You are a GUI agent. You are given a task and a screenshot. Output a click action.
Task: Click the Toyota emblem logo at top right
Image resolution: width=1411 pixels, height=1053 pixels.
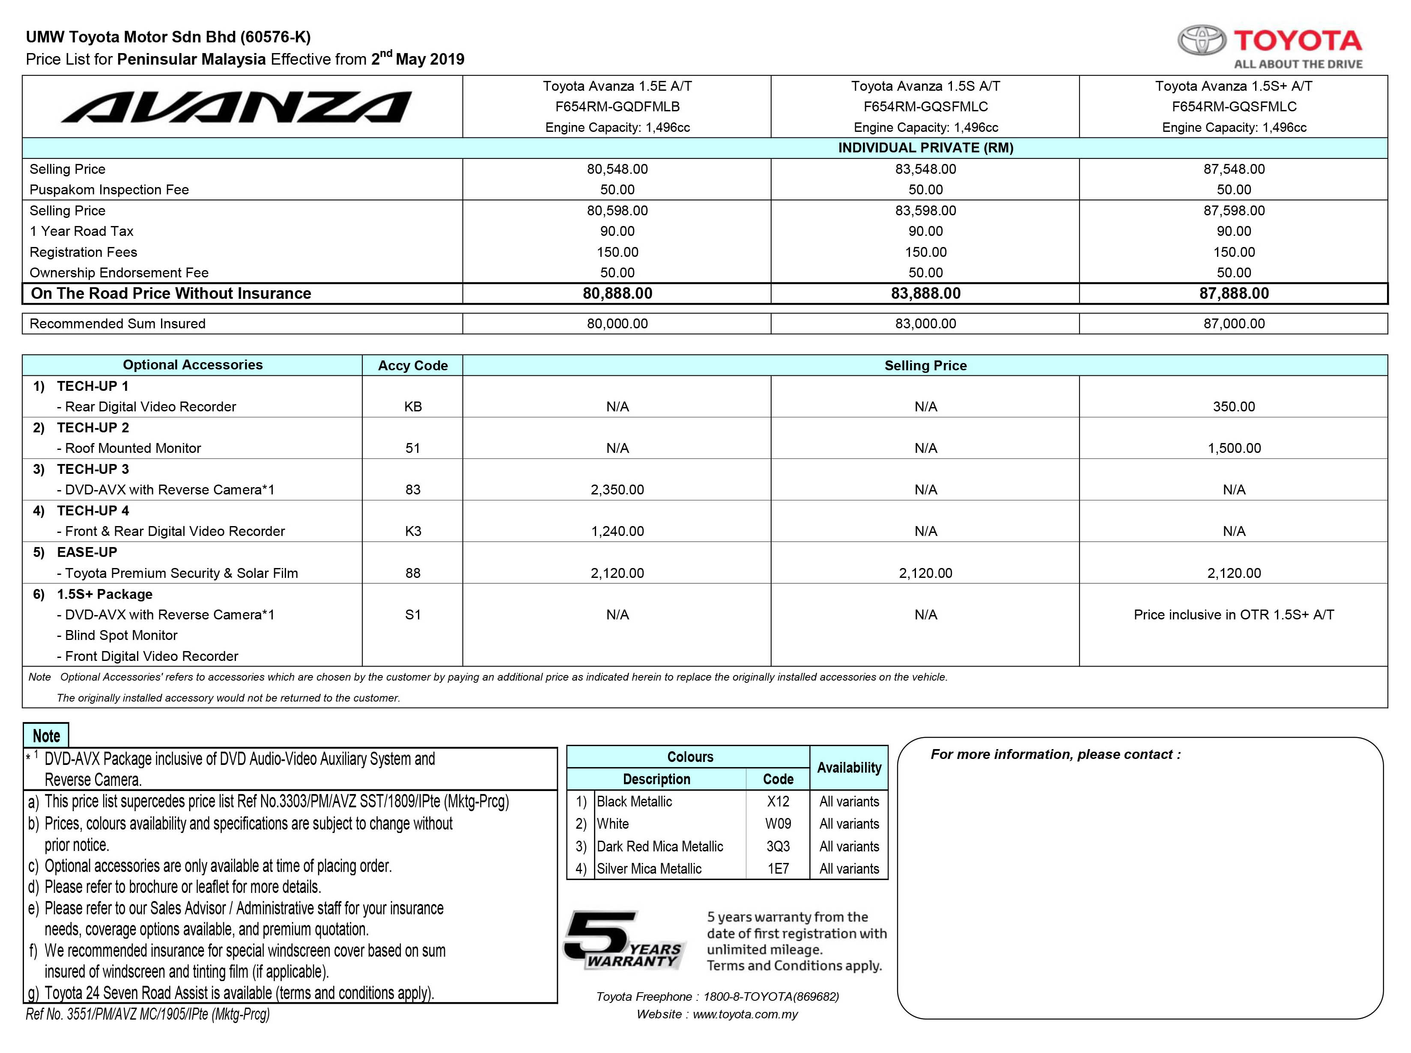[x=1201, y=40]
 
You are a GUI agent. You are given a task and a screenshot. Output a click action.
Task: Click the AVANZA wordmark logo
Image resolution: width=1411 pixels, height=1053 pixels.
[x=236, y=107]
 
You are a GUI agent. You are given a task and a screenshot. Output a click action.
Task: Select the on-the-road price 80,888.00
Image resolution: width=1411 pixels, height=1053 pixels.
[x=617, y=293]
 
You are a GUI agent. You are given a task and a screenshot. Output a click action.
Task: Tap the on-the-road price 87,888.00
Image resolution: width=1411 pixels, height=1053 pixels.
[x=1234, y=293]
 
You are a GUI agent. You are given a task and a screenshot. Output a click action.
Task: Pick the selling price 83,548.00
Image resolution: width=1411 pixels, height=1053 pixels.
[x=925, y=169]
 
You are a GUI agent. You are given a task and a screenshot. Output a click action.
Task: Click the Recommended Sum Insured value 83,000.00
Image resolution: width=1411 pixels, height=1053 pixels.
[x=925, y=323]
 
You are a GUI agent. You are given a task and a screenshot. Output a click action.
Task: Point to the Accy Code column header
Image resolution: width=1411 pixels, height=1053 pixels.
[x=412, y=365]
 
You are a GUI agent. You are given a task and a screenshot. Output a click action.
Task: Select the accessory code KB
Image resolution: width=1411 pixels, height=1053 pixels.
[x=412, y=407]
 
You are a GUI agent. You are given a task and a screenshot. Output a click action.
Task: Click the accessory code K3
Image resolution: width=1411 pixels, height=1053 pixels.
[x=412, y=531]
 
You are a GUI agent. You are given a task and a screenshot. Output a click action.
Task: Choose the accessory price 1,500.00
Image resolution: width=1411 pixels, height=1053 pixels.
[x=1234, y=448]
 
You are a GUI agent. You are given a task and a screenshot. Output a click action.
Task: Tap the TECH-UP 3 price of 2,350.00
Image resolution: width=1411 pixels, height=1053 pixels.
[x=617, y=490]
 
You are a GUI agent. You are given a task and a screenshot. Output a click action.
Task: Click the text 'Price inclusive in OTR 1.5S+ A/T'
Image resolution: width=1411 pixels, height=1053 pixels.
[x=1233, y=614]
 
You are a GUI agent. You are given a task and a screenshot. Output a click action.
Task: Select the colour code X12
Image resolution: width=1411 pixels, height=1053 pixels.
[x=778, y=801]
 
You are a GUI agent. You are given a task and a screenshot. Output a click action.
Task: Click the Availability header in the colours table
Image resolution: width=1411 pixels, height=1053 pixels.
[x=849, y=767]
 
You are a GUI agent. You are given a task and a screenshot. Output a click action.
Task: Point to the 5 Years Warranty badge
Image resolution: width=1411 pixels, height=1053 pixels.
[x=623, y=940]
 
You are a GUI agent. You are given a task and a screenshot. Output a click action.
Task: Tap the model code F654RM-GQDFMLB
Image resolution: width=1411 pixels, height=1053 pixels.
[x=617, y=107]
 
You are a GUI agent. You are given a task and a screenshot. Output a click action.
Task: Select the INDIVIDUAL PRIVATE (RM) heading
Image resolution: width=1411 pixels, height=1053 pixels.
[x=925, y=148]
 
